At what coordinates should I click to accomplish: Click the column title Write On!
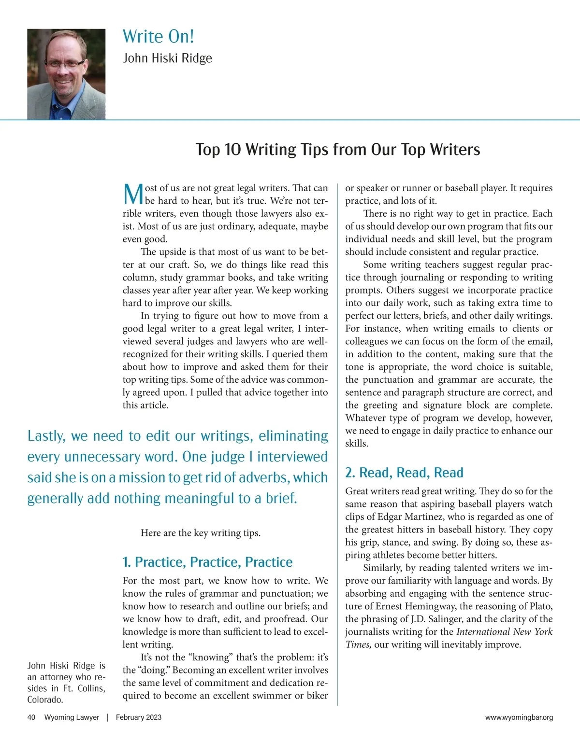(x=158, y=37)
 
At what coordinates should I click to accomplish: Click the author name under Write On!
(x=167, y=58)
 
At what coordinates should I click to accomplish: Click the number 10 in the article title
(x=232, y=150)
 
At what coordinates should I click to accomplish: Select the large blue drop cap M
(x=133, y=195)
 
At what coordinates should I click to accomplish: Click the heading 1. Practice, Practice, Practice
(x=207, y=562)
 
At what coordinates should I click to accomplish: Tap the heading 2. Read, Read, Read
(x=404, y=473)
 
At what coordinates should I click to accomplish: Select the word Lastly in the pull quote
(x=46, y=436)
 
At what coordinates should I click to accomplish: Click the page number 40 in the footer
(x=31, y=717)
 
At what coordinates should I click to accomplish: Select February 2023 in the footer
(x=139, y=717)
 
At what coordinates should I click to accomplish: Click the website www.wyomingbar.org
(x=519, y=718)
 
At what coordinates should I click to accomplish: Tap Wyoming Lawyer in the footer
(x=72, y=717)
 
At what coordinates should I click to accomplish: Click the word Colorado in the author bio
(x=44, y=700)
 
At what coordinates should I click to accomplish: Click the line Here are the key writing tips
(x=201, y=533)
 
